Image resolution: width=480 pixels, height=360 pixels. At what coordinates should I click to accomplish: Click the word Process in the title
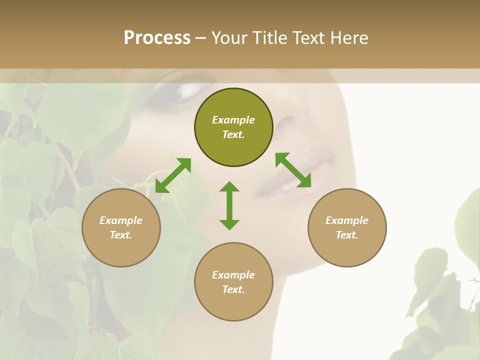tap(157, 38)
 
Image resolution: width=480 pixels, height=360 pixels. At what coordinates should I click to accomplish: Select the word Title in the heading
tap(269, 38)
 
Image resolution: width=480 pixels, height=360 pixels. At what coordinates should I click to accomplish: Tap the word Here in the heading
tap(349, 38)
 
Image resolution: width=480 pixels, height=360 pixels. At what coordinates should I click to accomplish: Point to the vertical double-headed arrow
tap(229, 205)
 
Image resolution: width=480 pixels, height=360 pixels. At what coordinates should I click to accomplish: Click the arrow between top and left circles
tap(173, 175)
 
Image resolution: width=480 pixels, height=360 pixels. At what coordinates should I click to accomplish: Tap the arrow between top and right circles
tap(293, 170)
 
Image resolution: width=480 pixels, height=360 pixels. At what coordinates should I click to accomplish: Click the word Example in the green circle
tap(233, 120)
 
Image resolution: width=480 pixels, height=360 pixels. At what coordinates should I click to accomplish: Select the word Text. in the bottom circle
tap(233, 289)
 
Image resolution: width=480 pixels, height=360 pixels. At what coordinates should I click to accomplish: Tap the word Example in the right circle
tap(347, 220)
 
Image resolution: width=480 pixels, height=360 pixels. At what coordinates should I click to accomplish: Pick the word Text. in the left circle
tap(121, 235)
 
